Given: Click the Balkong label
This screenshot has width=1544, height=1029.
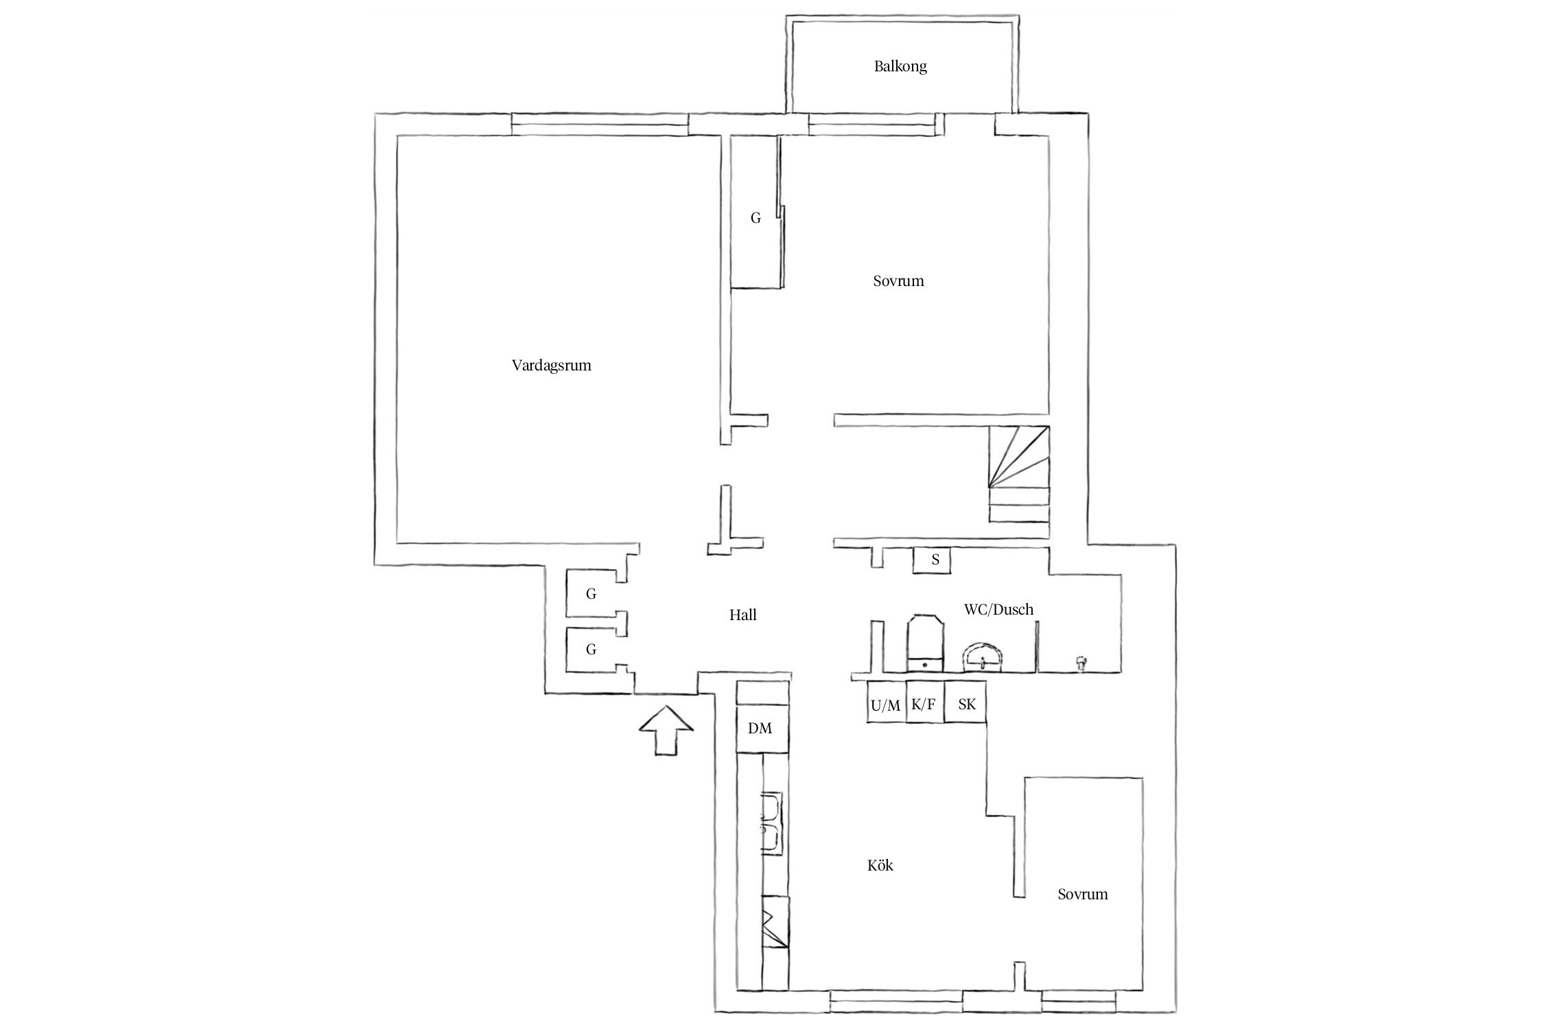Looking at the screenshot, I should [900, 67].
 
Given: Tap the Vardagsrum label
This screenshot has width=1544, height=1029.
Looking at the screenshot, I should [551, 365].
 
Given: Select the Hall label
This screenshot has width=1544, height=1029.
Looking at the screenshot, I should [742, 615].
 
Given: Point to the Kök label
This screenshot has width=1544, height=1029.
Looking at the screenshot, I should [880, 866].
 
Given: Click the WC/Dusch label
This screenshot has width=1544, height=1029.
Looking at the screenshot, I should [998, 609].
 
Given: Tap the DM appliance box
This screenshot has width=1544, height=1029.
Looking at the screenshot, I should [760, 728].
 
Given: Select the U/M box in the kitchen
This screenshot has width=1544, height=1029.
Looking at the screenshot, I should [886, 705].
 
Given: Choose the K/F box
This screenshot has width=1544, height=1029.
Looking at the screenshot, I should [924, 704].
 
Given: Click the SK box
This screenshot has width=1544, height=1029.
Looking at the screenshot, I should [966, 704].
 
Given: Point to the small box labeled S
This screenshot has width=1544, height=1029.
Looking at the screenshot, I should [935, 560].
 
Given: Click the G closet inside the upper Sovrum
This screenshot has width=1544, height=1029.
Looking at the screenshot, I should [756, 218].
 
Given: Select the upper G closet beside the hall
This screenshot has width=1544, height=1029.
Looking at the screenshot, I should [591, 594].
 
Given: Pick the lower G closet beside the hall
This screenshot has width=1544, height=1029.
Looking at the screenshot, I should [591, 649].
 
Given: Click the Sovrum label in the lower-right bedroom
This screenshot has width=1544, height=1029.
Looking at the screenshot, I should [1082, 894].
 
